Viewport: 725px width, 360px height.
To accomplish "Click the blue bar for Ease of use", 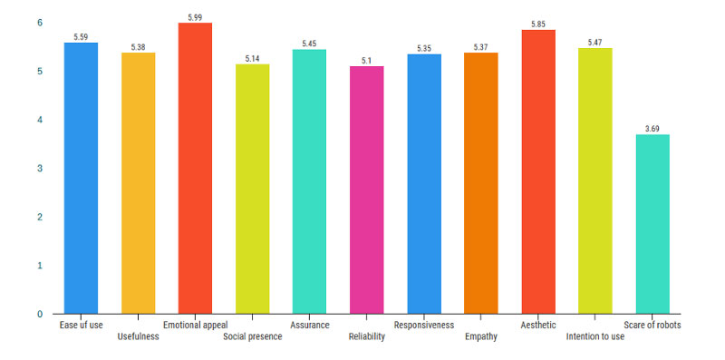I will pyautogui.click(x=81, y=178).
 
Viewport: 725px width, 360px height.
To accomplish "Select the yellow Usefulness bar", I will pyautogui.click(x=138, y=183).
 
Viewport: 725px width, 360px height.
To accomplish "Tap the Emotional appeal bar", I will pyautogui.click(x=195, y=168).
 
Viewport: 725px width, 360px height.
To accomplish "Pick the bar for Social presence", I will pyautogui.click(x=252, y=189).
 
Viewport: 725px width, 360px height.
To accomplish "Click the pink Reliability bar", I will pyautogui.click(x=366, y=190).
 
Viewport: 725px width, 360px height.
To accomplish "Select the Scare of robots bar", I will pyautogui.click(x=652, y=224).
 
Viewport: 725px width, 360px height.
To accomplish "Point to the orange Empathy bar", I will pyautogui.click(x=480, y=183).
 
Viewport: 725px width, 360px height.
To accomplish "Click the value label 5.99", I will pyautogui.click(x=195, y=16).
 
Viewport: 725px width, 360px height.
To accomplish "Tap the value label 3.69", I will pyautogui.click(x=652, y=129).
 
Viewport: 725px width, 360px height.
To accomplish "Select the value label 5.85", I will pyautogui.click(x=537, y=24).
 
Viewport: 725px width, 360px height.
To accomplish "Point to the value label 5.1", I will pyautogui.click(x=366, y=60).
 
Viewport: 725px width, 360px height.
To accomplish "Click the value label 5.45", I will pyautogui.click(x=309, y=43).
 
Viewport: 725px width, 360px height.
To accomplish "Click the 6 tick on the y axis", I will pyautogui.click(x=39, y=23).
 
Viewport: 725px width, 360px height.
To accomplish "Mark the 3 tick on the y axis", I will pyautogui.click(x=39, y=169).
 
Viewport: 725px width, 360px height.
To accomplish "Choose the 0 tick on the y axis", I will pyautogui.click(x=39, y=314).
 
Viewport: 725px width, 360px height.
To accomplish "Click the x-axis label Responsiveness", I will pyautogui.click(x=423, y=325).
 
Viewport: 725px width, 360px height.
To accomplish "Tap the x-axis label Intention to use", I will pyautogui.click(x=594, y=336).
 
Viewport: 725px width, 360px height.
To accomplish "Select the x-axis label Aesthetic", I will pyautogui.click(x=537, y=325).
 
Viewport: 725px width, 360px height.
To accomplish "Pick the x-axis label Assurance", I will pyautogui.click(x=309, y=325).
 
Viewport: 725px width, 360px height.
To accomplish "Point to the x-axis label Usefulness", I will pyautogui.click(x=138, y=336).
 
